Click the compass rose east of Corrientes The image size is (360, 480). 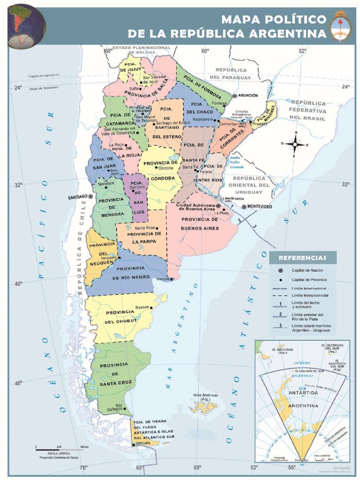[295, 144]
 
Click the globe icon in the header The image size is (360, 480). [27, 26]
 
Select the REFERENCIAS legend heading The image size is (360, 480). [302, 257]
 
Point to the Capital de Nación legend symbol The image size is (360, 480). [280, 270]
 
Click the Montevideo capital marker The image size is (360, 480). [244, 207]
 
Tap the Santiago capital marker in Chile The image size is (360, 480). [91, 197]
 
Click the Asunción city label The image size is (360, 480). [248, 95]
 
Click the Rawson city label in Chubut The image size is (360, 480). [142, 307]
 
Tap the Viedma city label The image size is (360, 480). [163, 279]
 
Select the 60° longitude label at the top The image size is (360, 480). [204, 51]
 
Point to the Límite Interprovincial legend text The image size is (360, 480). [310, 295]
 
